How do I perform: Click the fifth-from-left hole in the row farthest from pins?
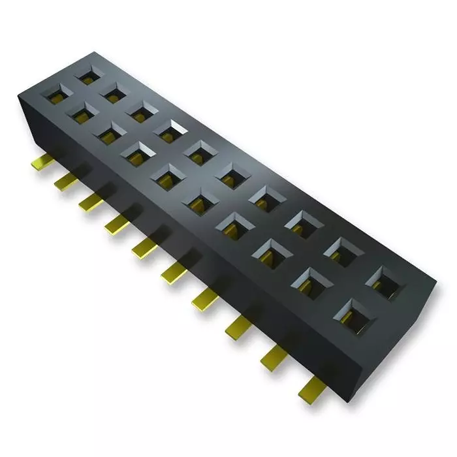click(199, 151)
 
